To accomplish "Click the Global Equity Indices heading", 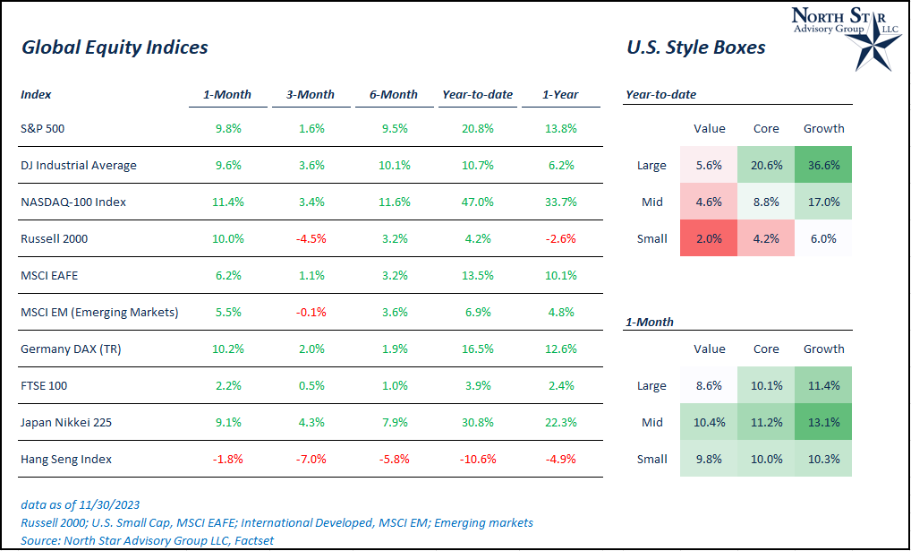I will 115,47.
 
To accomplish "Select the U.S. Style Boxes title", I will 695,47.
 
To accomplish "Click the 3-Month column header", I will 311,94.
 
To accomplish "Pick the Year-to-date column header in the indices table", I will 478,94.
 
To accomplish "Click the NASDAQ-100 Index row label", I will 72,202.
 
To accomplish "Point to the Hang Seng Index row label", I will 65,460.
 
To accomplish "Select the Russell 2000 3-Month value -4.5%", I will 311,239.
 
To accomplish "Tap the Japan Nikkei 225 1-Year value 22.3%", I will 560,423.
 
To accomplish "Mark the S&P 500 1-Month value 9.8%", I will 227,129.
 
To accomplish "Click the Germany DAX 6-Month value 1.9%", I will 394,349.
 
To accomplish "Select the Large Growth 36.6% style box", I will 823,165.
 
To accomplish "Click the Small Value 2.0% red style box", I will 709,238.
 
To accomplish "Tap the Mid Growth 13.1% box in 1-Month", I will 823,422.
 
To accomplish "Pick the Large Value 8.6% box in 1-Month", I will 709,385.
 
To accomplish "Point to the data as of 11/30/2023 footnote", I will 81,504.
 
